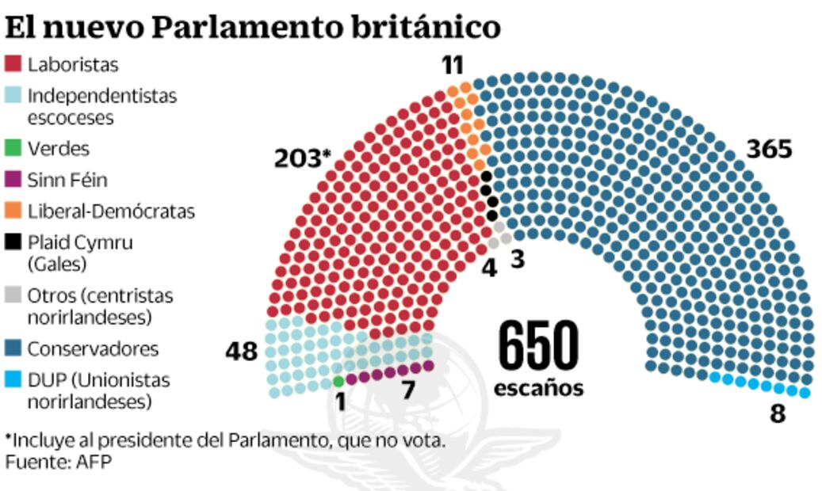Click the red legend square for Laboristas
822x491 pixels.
13,63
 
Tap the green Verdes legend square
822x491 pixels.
13,148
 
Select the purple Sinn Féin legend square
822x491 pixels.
13,180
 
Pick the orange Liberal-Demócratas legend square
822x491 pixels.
13,211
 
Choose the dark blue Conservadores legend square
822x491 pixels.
13,348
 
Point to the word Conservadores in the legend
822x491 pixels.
94,348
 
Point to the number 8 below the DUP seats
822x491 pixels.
777,413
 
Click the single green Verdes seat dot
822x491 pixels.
339,381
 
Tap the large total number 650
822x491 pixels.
538,346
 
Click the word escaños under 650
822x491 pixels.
538,389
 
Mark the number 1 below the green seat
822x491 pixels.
340,402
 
